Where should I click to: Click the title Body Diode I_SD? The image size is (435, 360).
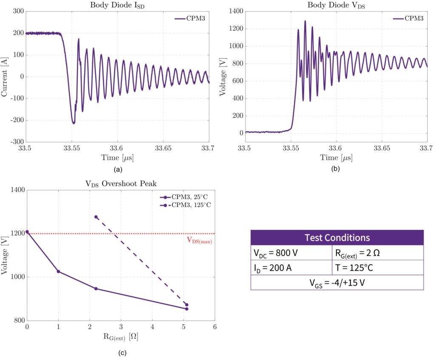[x=117, y=5]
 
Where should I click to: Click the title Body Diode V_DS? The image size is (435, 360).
[x=336, y=5]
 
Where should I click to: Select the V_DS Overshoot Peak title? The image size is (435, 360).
[x=121, y=184]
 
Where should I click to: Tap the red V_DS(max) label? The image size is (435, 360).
[x=199, y=240]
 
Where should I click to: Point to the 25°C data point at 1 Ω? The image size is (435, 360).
[x=58, y=272]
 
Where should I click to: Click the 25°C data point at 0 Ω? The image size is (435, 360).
[x=27, y=232]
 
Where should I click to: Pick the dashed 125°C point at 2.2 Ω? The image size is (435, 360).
[x=96, y=217]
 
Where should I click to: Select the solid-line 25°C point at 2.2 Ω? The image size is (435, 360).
[x=96, y=289]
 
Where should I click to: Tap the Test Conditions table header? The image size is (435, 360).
[x=337, y=238]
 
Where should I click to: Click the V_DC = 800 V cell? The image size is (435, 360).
[x=291, y=253]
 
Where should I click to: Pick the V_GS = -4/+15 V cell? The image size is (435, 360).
[x=337, y=283]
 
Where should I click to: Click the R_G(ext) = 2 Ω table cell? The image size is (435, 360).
[x=377, y=253]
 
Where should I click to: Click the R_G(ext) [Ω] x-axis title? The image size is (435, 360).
[x=121, y=337]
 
